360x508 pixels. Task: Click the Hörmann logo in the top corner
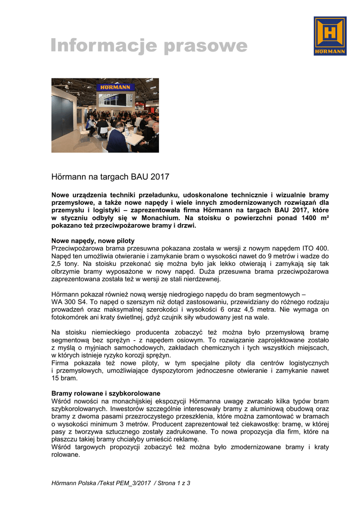point(330,36)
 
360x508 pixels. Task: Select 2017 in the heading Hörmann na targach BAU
point(160,176)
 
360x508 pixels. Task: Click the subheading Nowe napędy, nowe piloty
point(93,241)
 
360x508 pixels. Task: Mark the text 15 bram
point(65,378)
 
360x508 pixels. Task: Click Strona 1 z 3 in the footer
point(174,483)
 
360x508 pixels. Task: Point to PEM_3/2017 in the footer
point(127,483)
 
